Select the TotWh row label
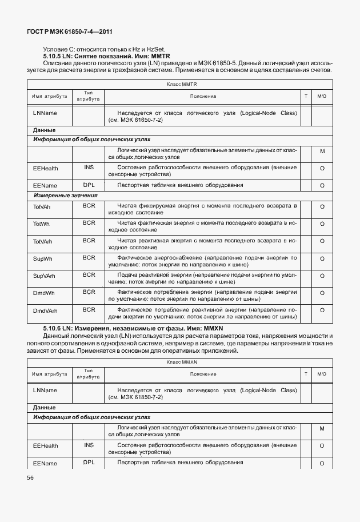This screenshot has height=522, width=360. tap(41, 224)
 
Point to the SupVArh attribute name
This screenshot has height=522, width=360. tap(44, 276)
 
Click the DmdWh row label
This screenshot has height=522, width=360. tap(43, 293)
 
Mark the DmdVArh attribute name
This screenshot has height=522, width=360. tap(46, 310)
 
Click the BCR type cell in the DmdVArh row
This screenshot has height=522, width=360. tap(89, 309)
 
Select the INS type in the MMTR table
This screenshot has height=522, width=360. tap(89, 168)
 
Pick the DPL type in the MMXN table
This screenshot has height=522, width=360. tap(89, 461)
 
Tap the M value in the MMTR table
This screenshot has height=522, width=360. tap(322, 152)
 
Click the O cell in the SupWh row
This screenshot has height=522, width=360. tap(322, 259)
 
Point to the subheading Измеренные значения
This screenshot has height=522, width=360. tap(65, 196)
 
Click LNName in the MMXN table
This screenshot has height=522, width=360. tap(45, 390)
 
